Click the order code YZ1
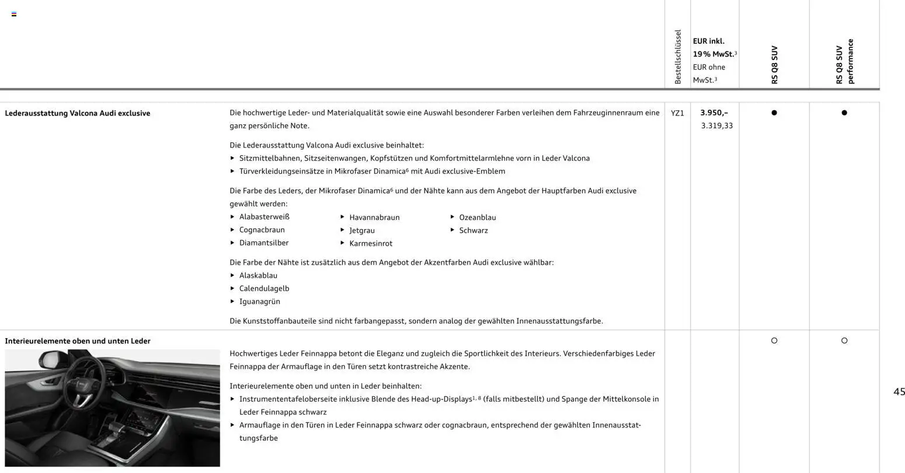click(677, 113)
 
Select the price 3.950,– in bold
click(714, 113)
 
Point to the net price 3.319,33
click(717, 125)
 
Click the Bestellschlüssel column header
click(678, 57)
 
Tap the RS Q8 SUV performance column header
click(844, 62)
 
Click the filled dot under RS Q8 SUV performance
click(844, 113)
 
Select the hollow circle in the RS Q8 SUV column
click(774, 341)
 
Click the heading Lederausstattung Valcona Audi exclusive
click(78, 113)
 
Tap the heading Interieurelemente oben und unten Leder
click(78, 341)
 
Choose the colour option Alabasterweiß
click(264, 217)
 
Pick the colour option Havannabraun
click(374, 218)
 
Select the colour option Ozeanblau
click(478, 218)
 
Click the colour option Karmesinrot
click(371, 243)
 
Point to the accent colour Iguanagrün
click(260, 302)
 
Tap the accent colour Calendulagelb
click(264, 289)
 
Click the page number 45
click(899, 392)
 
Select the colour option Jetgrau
click(362, 230)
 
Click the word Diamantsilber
click(264, 243)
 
